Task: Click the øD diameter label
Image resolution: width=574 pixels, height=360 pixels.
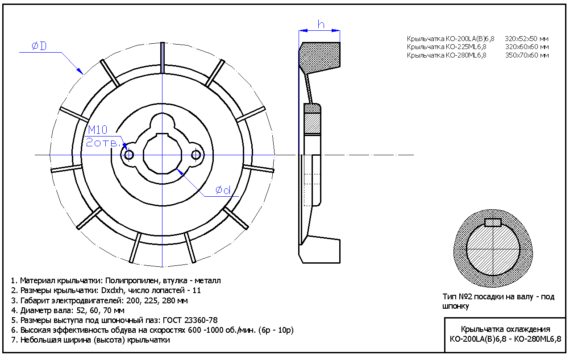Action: [x=39, y=46]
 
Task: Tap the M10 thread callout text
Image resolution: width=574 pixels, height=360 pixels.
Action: [x=97, y=130]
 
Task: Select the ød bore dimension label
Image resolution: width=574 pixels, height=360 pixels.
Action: [x=223, y=190]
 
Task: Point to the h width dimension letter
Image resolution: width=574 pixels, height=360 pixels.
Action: [x=321, y=25]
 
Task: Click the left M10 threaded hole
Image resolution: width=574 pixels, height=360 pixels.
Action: [x=129, y=155]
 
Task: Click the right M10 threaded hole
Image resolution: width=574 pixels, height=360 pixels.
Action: [x=196, y=155]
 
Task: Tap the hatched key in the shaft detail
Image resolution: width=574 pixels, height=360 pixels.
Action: [x=493, y=223]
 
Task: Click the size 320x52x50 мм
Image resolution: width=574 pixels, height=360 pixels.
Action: [x=527, y=39]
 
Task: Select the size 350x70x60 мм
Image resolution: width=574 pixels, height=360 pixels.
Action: [x=527, y=55]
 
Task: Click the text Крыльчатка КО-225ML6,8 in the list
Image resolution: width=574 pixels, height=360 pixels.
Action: [x=446, y=47]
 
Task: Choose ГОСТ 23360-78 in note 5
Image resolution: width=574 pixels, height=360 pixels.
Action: [x=190, y=320]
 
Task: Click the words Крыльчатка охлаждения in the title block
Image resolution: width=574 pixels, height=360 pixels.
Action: [x=505, y=329]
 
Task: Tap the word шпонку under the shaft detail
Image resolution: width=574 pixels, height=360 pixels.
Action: [x=456, y=306]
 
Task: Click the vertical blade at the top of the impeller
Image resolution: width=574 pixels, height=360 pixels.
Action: [x=162, y=58]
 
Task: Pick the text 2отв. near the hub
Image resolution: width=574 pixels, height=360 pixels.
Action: [x=103, y=142]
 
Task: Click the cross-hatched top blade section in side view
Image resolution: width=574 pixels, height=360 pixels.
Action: [x=320, y=58]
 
